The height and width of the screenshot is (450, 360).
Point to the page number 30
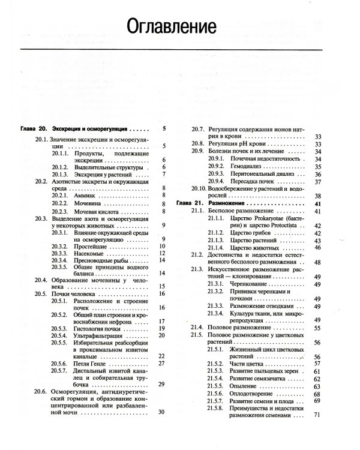(x=161, y=412)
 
